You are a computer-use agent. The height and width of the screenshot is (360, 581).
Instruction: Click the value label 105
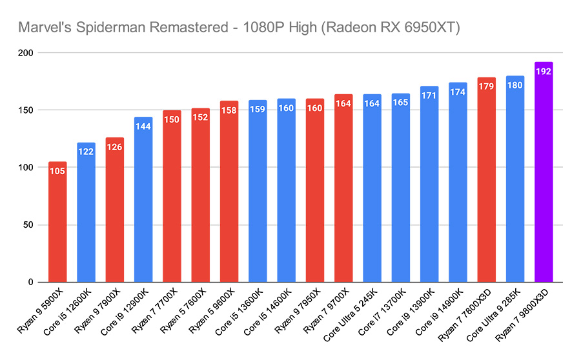(57, 171)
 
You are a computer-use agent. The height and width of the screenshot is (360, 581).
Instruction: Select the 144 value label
(143, 126)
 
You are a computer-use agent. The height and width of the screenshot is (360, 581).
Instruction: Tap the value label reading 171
(429, 95)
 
